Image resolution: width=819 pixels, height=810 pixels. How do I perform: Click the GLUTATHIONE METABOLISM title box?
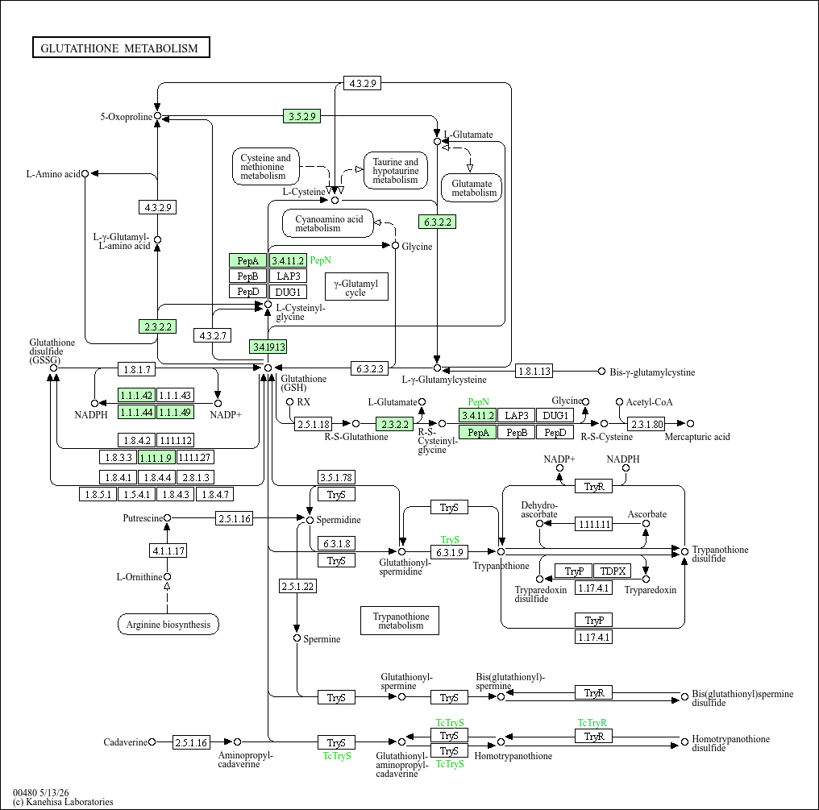(x=121, y=48)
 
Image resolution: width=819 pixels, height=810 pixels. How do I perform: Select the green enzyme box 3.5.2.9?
(x=302, y=116)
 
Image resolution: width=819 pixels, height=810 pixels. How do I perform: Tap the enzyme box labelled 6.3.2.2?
(x=437, y=222)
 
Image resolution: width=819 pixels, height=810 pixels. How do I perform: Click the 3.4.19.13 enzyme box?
(x=268, y=347)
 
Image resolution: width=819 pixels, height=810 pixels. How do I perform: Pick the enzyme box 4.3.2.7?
(x=212, y=335)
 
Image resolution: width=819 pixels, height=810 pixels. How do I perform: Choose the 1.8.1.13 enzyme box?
(x=534, y=371)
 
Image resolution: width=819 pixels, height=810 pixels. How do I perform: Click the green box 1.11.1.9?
(x=156, y=458)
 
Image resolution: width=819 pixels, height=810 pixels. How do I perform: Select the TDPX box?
(x=613, y=571)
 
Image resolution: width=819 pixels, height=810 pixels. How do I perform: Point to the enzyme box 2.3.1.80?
(x=646, y=424)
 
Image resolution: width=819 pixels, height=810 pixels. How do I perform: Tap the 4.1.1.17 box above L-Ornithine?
(x=168, y=550)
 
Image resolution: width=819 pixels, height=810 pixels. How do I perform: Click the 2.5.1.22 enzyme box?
(x=297, y=586)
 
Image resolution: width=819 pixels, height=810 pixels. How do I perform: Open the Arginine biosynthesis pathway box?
(x=168, y=624)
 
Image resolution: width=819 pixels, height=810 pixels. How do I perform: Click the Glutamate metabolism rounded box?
(x=472, y=188)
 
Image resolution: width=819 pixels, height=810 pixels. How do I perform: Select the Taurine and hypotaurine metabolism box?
(x=396, y=170)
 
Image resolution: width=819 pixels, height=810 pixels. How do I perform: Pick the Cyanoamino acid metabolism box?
(x=328, y=223)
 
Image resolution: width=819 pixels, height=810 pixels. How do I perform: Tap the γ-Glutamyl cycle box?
(x=356, y=286)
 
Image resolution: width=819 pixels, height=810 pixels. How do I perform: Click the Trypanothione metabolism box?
(x=400, y=621)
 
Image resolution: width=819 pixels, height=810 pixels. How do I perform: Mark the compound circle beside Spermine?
(x=297, y=638)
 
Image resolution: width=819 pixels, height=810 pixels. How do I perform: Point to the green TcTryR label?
(x=592, y=723)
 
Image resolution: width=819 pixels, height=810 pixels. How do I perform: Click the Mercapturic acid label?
(x=697, y=437)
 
